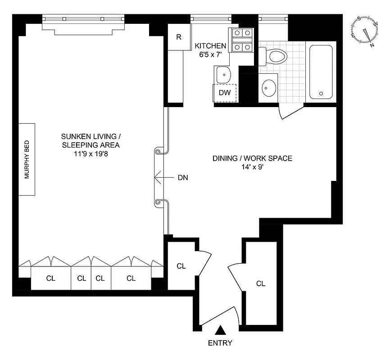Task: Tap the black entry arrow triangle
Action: coord(220,331)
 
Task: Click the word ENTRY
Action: coord(220,343)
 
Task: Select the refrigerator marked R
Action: coord(178,37)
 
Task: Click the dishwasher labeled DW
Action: coord(225,93)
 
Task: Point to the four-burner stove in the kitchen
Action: coord(241,40)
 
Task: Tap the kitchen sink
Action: coord(223,74)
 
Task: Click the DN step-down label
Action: coord(182,178)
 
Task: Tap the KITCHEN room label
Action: coord(210,46)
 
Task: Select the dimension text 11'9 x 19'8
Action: coord(91,153)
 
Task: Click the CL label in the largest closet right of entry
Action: coord(260,283)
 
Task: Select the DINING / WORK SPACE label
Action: coord(252,158)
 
